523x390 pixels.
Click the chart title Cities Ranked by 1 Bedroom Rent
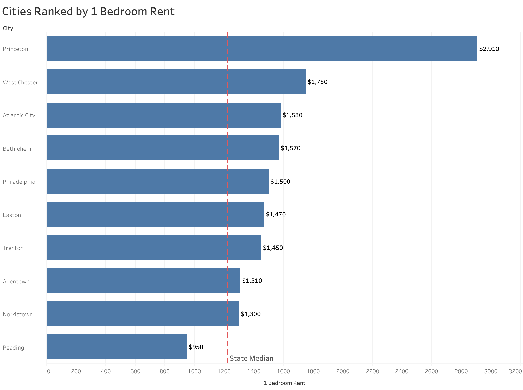point(88,12)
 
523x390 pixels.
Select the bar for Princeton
point(262,49)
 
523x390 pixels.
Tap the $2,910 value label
point(489,49)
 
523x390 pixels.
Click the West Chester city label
point(20,83)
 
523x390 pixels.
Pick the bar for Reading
point(117,347)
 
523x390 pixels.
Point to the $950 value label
point(196,347)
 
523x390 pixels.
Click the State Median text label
point(251,358)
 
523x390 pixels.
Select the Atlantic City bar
point(163,115)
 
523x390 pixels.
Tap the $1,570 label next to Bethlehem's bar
point(290,148)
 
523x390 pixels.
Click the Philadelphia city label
point(19,182)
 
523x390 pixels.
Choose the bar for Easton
point(155,214)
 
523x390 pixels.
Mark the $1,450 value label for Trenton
point(273,248)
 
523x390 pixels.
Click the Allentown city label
point(16,282)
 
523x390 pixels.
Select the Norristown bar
point(143,314)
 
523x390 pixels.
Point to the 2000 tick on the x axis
point(343,371)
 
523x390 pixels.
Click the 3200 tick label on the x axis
point(515,371)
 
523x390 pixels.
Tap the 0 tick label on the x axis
point(48,371)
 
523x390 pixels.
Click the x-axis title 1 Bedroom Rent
point(284,383)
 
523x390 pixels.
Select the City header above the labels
point(8,28)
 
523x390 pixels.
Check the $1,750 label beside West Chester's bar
point(317,82)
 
